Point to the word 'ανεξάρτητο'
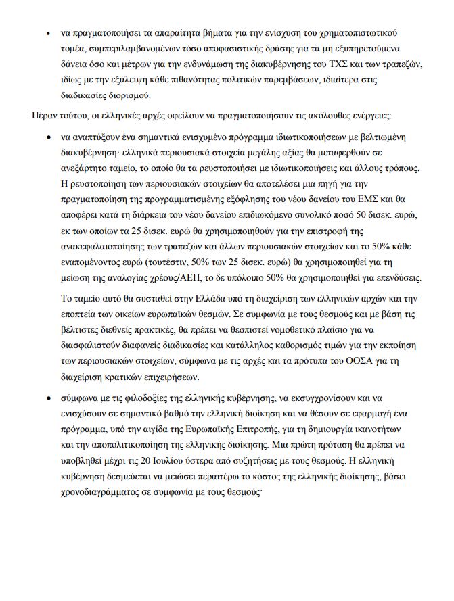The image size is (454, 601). (x=85, y=167)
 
